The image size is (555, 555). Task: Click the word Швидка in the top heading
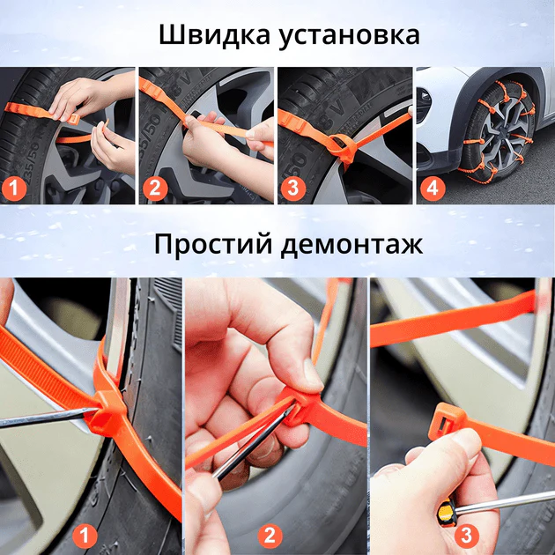(214, 34)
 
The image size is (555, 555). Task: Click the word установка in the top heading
(349, 36)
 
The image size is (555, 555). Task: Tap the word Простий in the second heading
(213, 244)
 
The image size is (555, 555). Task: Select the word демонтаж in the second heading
(351, 246)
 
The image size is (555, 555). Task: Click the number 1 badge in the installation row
(14, 189)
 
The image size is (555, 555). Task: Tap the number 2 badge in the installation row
(155, 189)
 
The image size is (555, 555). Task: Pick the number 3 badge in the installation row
(293, 189)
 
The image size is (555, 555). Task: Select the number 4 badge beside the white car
(433, 189)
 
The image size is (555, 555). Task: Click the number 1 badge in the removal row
(85, 536)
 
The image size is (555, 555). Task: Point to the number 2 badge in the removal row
(270, 536)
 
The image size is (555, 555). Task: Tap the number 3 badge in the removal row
(466, 536)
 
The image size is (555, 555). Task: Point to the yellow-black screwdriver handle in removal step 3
(447, 512)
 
